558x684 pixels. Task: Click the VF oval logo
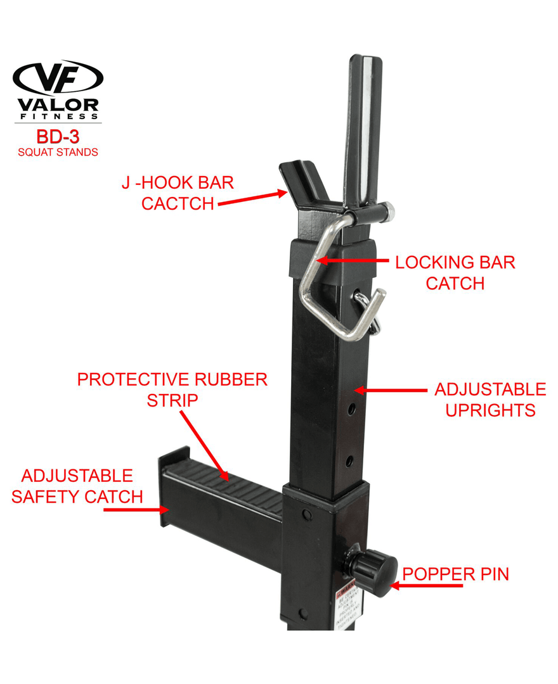58,78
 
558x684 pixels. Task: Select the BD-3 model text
58,137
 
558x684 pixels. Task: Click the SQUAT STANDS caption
58,152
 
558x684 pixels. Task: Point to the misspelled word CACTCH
178,204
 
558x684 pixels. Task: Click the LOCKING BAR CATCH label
455,272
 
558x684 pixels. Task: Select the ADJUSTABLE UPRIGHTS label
490,399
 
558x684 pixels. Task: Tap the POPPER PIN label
455,574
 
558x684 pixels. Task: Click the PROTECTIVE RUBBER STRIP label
172,389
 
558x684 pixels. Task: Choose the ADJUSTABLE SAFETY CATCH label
77,486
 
